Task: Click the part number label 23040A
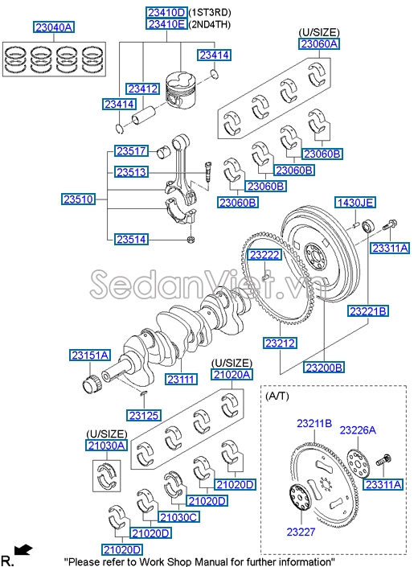click(x=53, y=27)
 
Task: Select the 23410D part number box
click(x=166, y=13)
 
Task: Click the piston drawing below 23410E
click(x=182, y=88)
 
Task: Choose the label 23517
click(x=131, y=150)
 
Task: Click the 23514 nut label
click(x=131, y=239)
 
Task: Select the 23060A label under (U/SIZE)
click(x=319, y=44)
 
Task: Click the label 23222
click(x=264, y=255)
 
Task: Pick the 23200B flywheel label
click(x=324, y=367)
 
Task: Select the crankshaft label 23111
click(x=182, y=379)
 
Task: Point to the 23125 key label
click(x=145, y=415)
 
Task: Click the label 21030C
click(x=178, y=516)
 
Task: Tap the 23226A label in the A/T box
click(x=358, y=430)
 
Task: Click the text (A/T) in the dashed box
click(x=280, y=397)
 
